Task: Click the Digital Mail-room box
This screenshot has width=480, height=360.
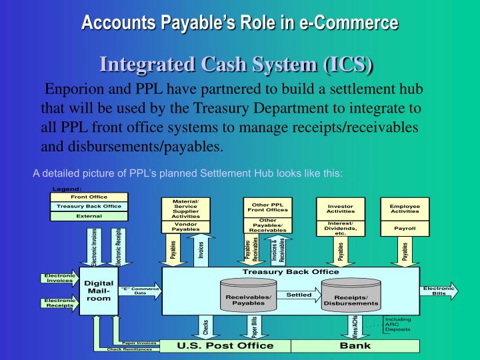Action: pos(98,291)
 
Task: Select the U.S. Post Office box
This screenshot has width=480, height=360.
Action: pos(225,345)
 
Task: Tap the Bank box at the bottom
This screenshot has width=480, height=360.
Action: pos(355,345)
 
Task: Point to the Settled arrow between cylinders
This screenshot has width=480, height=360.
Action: pos(299,295)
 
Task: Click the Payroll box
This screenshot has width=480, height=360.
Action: pos(405,228)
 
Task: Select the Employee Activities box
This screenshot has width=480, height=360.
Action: pos(405,209)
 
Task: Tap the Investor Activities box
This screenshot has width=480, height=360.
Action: pos(340,209)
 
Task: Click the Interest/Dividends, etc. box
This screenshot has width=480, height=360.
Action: pos(340,228)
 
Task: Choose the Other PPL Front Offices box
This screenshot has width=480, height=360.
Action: pos(267,207)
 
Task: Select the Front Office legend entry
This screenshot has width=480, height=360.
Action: pos(89,197)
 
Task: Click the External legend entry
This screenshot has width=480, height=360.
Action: pos(89,216)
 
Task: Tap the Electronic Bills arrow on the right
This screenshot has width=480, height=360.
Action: pos(438,291)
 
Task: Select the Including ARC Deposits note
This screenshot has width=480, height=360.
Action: pos(398,324)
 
